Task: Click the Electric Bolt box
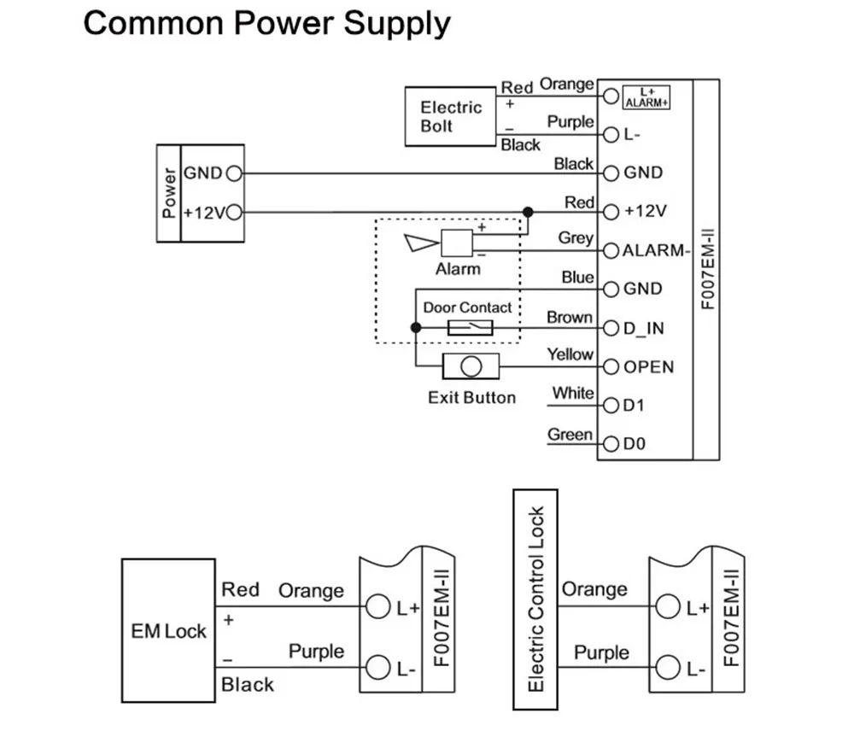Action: (x=451, y=116)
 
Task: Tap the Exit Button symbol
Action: (x=471, y=367)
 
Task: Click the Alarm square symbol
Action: (x=456, y=243)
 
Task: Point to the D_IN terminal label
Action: (x=645, y=329)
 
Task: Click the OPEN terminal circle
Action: (x=611, y=368)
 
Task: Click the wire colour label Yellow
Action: (x=570, y=354)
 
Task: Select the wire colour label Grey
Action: (x=576, y=238)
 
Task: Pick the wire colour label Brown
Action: (x=570, y=317)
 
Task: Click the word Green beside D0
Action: (x=570, y=435)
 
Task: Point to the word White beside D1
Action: (x=572, y=394)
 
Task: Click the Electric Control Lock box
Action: (x=535, y=599)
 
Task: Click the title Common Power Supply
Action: (x=266, y=23)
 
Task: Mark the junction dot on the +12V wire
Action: (x=528, y=211)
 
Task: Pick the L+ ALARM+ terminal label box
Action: (x=646, y=96)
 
